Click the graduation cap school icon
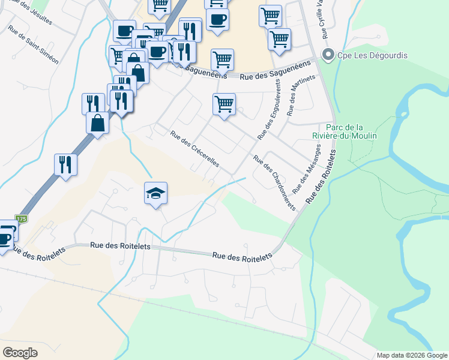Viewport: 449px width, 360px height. (x=155, y=194)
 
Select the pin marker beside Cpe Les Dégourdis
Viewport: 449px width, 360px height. (x=328, y=56)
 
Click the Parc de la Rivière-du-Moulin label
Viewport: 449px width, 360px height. (x=351, y=131)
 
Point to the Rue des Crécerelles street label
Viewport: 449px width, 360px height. (x=195, y=149)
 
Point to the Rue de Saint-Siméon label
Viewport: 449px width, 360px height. (x=33, y=45)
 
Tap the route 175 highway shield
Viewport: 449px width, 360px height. (x=22, y=219)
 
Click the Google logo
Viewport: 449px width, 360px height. (x=20, y=352)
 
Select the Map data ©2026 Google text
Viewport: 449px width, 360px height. (x=412, y=355)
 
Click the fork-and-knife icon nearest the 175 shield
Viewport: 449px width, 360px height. (x=65, y=164)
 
